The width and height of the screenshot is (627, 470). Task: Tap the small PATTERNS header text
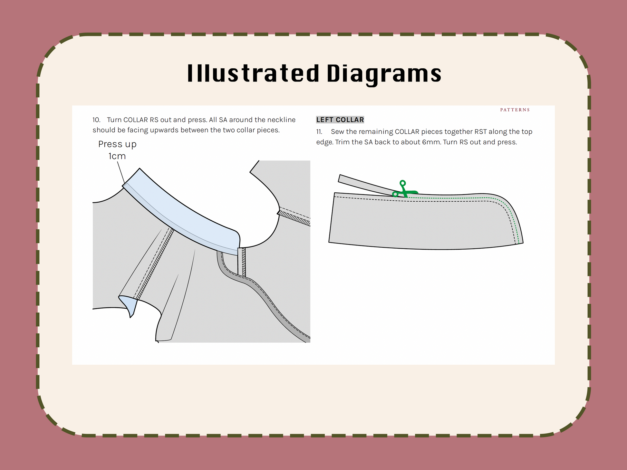coord(515,110)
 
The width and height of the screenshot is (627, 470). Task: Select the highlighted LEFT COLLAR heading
coord(340,120)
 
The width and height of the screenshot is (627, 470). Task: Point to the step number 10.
coord(96,120)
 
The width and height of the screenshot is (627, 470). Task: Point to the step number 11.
coord(319,132)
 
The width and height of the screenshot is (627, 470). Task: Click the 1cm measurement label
coord(117,156)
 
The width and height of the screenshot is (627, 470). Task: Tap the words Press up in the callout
coord(117,144)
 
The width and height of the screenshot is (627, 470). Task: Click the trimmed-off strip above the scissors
coord(366,185)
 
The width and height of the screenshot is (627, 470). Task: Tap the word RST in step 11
coord(480,132)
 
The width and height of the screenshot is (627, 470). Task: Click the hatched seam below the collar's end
coord(242,262)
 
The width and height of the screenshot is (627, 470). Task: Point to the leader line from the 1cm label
coord(121,173)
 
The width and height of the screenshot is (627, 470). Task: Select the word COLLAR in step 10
coord(136,120)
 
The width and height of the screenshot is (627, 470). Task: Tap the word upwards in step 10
coord(162,130)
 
